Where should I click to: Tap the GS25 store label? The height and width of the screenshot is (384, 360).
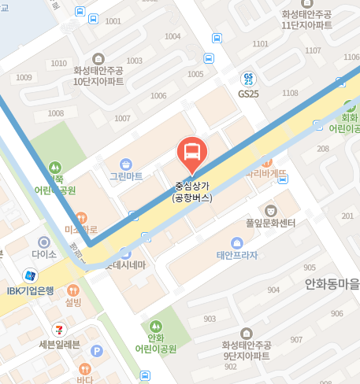click(248, 92)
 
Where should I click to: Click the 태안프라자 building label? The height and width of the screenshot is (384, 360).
click(237, 255)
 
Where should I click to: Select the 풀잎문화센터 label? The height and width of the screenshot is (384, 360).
click(271, 223)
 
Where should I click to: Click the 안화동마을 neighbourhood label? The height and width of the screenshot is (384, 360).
click(332, 285)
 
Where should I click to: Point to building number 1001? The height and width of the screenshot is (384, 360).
click(113, 21)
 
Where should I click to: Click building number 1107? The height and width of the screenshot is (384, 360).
click(292, 52)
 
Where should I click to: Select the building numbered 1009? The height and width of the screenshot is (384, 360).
click(23, 77)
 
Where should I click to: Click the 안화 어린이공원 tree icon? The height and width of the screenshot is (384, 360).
click(155, 326)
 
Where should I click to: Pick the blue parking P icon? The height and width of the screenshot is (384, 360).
click(97, 351)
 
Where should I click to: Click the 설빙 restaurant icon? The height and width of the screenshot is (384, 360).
click(73, 289)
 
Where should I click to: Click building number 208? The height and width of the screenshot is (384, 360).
click(322, 149)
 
